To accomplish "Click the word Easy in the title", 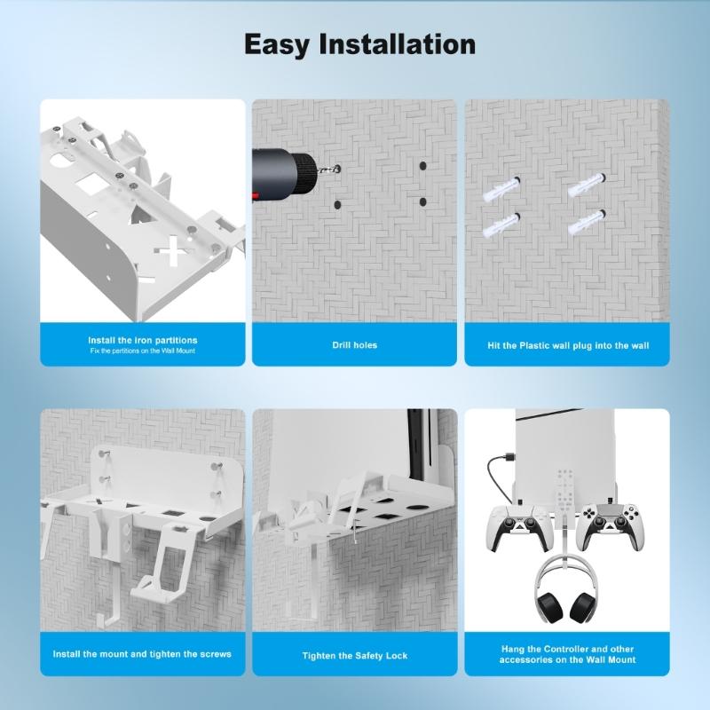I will (x=279, y=43).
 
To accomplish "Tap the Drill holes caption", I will (x=354, y=344).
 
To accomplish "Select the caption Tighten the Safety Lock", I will (x=354, y=655).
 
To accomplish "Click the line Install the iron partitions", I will (x=142, y=340).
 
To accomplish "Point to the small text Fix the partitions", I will (x=142, y=351).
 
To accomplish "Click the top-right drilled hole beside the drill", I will (x=422, y=166).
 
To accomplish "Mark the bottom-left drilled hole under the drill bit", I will (x=337, y=205).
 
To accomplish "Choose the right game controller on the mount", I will (x=612, y=530).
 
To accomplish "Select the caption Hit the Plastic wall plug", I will (x=568, y=344).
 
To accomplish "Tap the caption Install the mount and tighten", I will (x=142, y=654).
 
